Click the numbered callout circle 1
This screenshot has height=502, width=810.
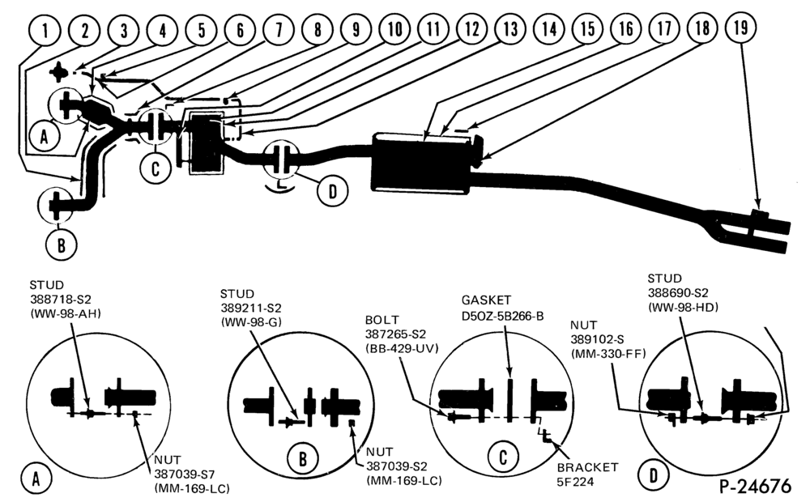[45, 31]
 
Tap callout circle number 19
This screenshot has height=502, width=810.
[741, 28]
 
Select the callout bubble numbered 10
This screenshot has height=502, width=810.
[394, 29]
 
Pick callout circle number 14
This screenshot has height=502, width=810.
[549, 28]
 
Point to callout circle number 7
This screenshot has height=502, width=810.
[279, 29]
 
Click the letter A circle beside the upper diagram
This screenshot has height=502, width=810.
[45, 138]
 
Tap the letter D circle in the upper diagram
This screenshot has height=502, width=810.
[332, 191]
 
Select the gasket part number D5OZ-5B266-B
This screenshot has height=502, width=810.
[503, 316]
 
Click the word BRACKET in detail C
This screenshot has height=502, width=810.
[587, 467]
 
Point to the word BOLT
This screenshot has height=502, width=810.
[382, 320]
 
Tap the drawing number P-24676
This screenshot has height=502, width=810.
[755, 486]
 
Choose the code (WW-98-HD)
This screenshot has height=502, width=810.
[683, 308]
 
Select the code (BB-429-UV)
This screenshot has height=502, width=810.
[402, 349]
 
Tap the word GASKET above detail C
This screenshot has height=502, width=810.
[486, 300]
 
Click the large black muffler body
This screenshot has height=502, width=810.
[421, 163]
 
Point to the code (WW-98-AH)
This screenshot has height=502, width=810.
[65, 313]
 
